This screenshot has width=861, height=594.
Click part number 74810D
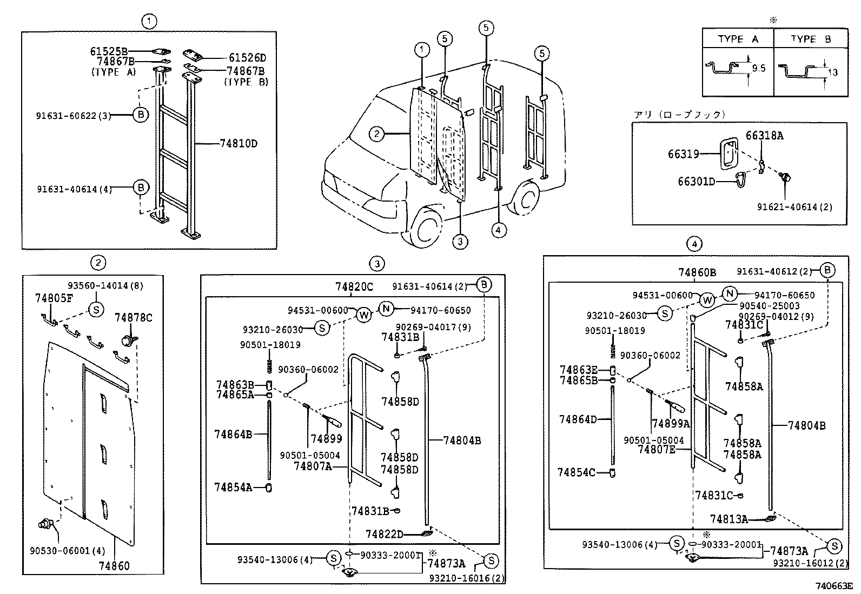pyautogui.click(x=239, y=144)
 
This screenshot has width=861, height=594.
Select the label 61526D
pyautogui.click(x=247, y=58)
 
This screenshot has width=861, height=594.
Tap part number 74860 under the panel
pyautogui.click(x=114, y=566)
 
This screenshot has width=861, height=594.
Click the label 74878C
pyautogui.click(x=133, y=318)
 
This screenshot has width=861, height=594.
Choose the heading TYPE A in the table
pyautogui.click(x=738, y=39)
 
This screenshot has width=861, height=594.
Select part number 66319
pyautogui.click(x=683, y=155)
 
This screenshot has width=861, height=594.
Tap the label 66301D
pyautogui.click(x=696, y=182)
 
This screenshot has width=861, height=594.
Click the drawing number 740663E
pyautogui.click(x=834, y=586)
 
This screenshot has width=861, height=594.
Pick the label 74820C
pyautogui.click(x=354, y=287)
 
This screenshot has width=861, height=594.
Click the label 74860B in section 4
pyautogui.click(x=697, y=272)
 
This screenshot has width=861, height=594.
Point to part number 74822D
pyautogui.click(x=384, y=535)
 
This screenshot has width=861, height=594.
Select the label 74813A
pyautogui.click(x=728, y=519)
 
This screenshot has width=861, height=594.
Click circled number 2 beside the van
pyautogui.click(x=376, y=134)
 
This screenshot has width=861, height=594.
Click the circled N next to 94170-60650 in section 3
pyautogui.click(x=386, y=309)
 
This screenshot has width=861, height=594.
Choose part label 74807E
pyautogui.click(x=656, y=449)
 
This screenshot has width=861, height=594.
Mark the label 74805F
pyautogui.click(x=54, y=298)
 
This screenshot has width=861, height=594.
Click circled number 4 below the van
pyautogui.click(x=498, y=230)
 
